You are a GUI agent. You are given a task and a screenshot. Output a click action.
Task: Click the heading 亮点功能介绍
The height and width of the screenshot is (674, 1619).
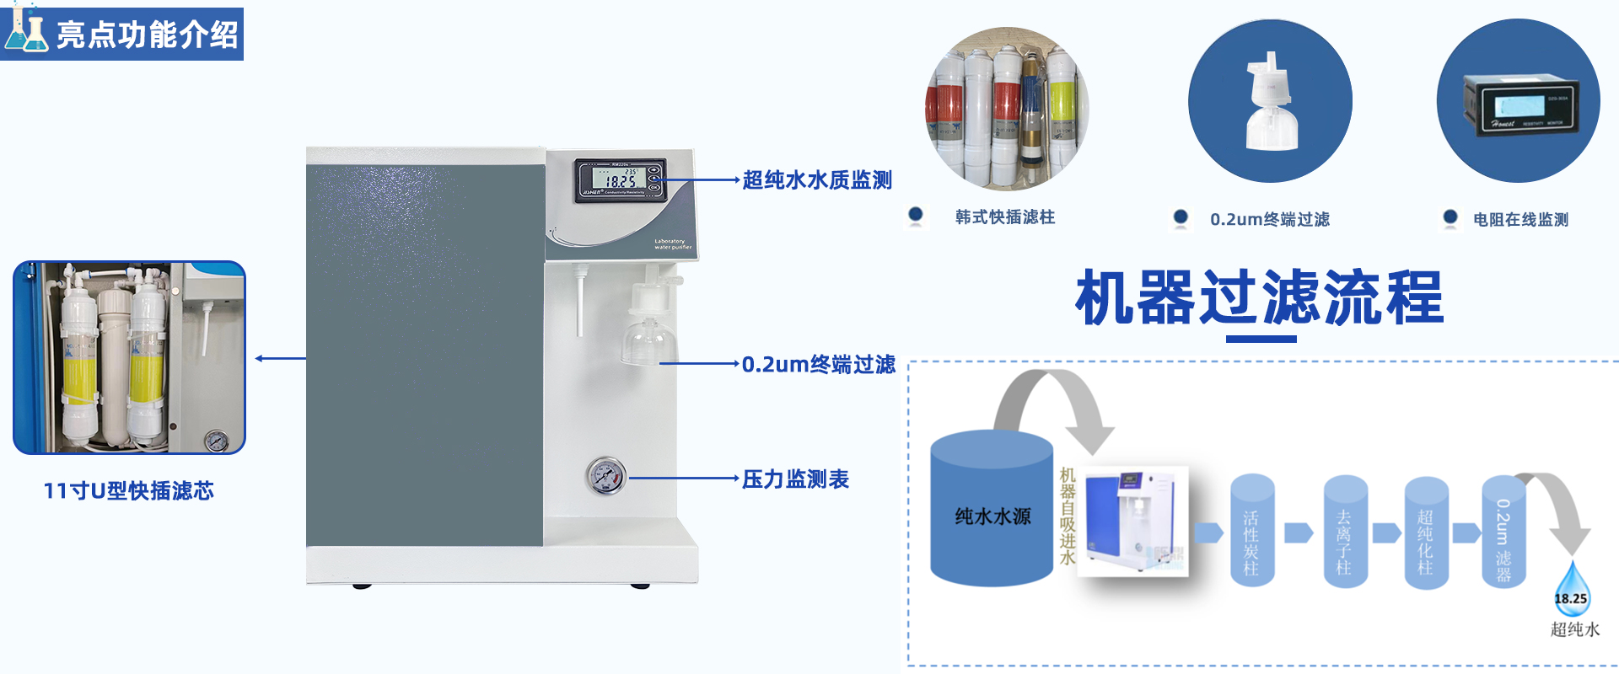[148, 35]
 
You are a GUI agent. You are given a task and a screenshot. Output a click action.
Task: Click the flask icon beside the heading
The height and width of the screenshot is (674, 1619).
[26, 31]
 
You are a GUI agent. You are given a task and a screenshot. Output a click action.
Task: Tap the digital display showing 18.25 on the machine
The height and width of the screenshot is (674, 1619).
[619, 179]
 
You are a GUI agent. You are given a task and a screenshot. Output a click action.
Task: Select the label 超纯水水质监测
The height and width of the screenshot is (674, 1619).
[816, 180]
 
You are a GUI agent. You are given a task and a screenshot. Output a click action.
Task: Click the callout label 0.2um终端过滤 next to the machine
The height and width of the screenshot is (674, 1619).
[818, 364]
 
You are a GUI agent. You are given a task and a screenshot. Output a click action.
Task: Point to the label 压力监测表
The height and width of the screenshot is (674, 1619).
[795, 479]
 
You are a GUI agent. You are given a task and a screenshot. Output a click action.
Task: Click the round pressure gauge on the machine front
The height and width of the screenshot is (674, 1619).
[605, 477]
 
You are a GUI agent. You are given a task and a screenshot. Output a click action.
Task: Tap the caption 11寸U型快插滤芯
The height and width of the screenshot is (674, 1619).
[128, 491]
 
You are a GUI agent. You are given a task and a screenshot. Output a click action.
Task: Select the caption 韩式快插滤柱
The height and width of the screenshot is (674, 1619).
[1004, 217]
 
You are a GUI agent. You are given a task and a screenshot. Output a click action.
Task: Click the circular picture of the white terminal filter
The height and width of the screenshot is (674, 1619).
[1270, 101]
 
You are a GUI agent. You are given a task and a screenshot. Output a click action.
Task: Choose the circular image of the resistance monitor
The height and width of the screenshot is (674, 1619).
[1518, 101]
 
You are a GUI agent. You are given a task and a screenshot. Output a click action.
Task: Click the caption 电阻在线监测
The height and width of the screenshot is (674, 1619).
[1520, 220]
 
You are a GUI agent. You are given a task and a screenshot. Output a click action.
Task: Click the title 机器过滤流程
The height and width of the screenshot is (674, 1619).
[1260, 298]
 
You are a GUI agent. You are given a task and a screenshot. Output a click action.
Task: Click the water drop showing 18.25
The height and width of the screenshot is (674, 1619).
[1571, 590]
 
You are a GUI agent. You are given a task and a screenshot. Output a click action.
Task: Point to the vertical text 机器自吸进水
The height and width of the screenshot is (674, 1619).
[1068, 516]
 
